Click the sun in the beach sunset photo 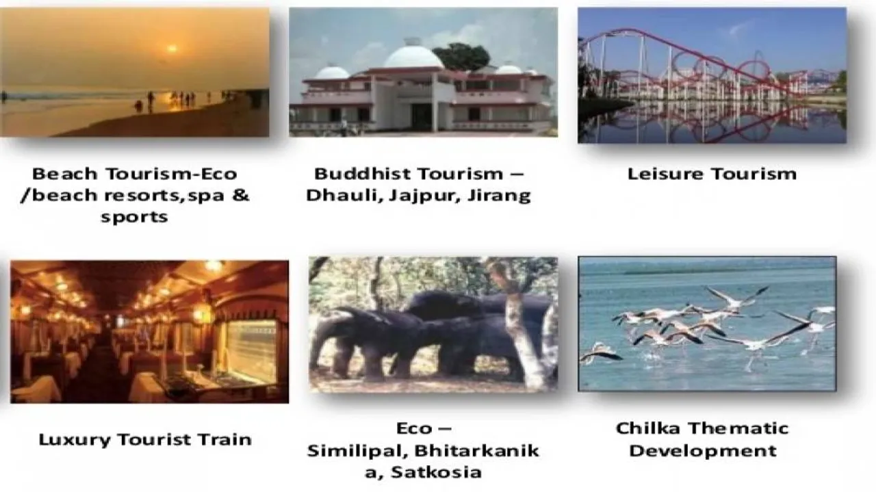pyautogui.click(x=171, y=49)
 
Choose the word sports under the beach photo pyautogui.click(x=134, y=217)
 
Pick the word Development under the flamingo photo pyautogui.click(x=703, y=451)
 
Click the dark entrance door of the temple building pyautogui.click(x=422, y=117)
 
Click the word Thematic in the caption pyautogui.click(x=738, y=429)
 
